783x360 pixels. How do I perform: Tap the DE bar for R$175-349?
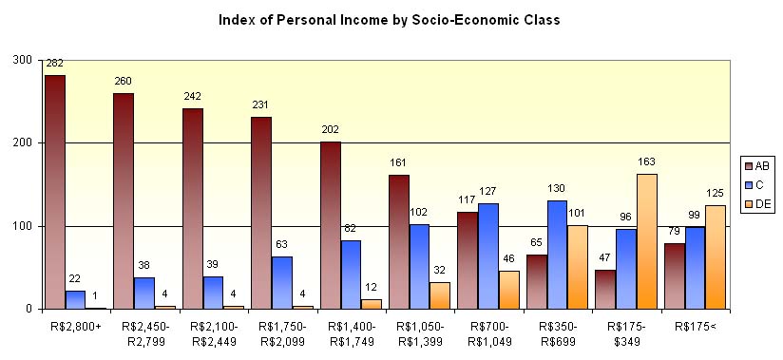click(646, 241)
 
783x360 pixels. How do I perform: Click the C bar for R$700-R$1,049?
click(487, 256)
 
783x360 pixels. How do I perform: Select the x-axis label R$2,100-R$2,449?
click(214, 333)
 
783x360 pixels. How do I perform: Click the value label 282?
click(53, 64)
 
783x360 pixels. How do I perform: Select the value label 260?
click(123, 83)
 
